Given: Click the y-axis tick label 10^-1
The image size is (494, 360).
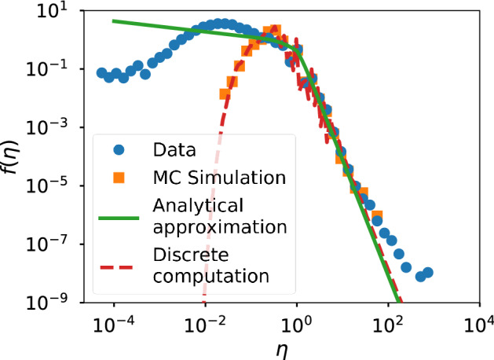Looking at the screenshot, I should click(54, 71).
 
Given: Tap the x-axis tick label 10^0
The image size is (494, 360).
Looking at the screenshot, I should click(297, 322).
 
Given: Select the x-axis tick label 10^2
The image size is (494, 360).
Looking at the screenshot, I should click(388, 322).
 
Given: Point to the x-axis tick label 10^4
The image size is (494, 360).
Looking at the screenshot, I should click(479, 322).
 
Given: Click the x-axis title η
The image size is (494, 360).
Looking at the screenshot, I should click(297, 347).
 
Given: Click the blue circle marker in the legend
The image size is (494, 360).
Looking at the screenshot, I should click(119, 149).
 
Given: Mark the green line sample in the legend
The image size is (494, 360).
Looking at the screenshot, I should click(119, 215).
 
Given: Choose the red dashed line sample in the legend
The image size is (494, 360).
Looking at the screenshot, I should click(119, 266).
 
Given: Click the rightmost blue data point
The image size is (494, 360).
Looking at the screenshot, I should click(428, 273).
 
